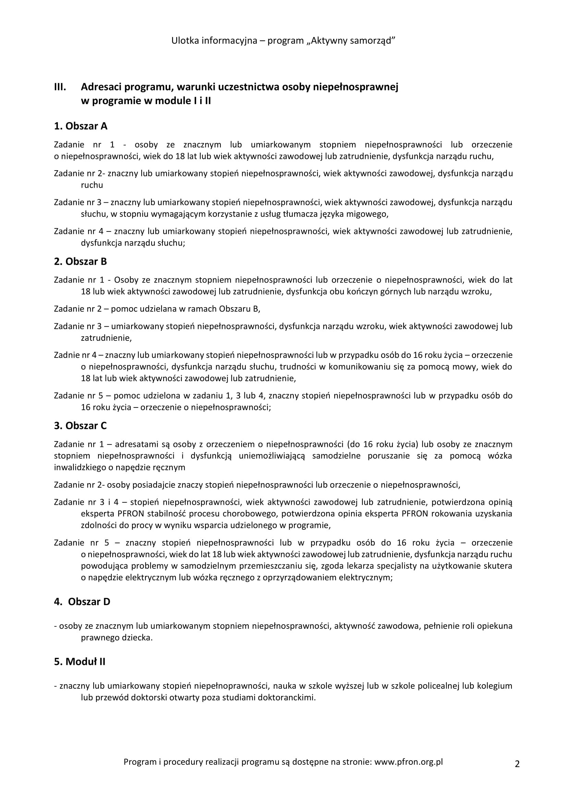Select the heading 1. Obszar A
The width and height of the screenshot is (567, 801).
pyautogui.click(x=81, y=126)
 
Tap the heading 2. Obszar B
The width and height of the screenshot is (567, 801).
pyautogui.click(x=80, y=262)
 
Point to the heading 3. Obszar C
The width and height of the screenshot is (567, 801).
pyautogui.click(x=80, y=426)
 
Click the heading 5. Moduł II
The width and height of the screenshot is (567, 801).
pyautogui.click(x=80, y=662)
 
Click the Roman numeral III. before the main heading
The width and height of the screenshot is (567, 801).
pyautogui.click(x=60, y=87)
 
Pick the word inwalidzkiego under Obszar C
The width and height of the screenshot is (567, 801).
pyautogui.click(x=81, y=467)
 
